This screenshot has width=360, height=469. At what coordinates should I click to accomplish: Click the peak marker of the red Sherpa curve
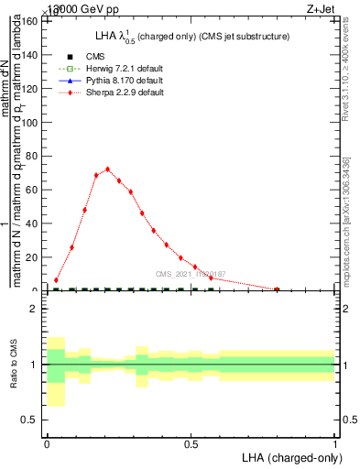(x=107, y=169)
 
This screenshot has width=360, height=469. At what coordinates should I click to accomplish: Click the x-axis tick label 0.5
(x=191, y=443)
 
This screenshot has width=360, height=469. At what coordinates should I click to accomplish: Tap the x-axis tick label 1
(x=335, y=443)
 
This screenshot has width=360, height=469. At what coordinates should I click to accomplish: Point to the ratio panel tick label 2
(x=35, y=310)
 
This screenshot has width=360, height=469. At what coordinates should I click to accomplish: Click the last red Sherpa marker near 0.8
(x=277, y=289)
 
